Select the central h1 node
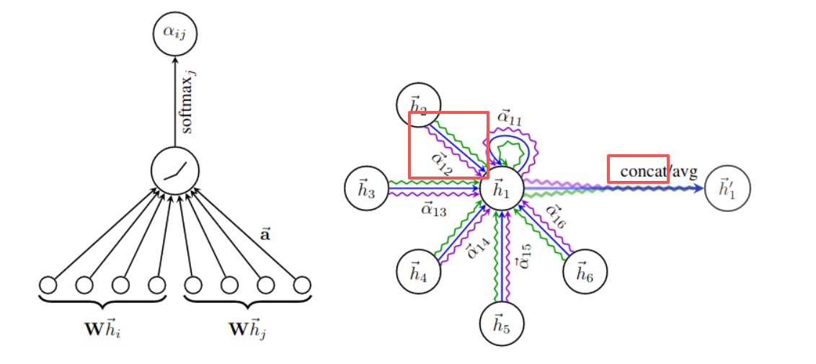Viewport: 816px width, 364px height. pos(502,190)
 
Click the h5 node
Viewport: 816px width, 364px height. pos(502,327)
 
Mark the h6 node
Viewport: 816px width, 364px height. pos(585,272)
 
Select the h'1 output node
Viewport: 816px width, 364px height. pos(727,190)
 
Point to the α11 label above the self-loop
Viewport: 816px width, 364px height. pos(510,117)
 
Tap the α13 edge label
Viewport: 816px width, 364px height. pos(434,210)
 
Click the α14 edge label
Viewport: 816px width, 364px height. pos(474,247)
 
